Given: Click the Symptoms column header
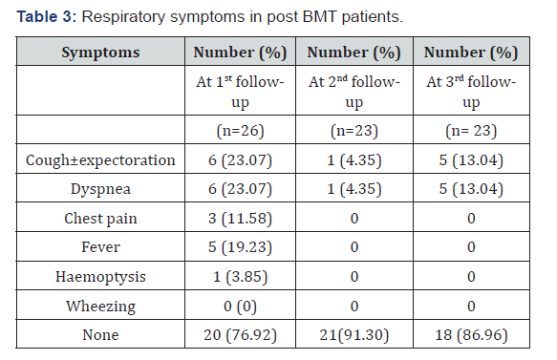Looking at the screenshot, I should pyautogui.click(x=100, y=52).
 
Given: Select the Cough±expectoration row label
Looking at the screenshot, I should pyautogui.click(x=100, y=160).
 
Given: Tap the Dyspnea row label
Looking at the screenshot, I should pyautogui.click(x=100, y=189).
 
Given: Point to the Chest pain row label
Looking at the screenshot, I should pyautogui.click(x=100, y=219).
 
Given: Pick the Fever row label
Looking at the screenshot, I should pyautogui.click(x=100, y=247).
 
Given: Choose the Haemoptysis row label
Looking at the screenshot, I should pyautogui.click(x=100, y=277).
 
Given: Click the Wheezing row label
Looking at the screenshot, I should pyautogui.click(x=100, y=306).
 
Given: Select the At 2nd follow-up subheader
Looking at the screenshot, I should pyautogui.click(x=355, y=92).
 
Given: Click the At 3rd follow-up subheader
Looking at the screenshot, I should pyautogui.click(x=470, y=92).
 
